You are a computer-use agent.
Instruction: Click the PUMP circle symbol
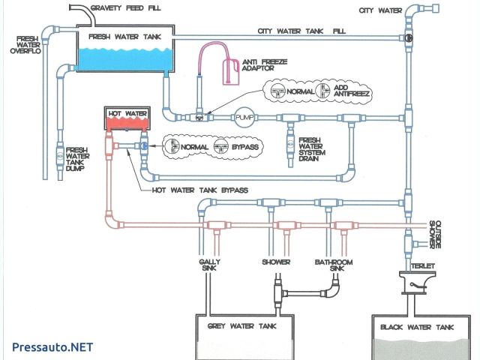(244, 117)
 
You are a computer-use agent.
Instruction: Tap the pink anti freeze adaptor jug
(230, 72)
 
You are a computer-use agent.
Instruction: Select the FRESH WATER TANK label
(125, 37)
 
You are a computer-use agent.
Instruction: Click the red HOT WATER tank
(127, 118)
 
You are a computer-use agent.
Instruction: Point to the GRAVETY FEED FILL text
(126, 8)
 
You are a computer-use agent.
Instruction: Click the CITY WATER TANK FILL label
(301, 31)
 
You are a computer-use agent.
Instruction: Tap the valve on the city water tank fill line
(409, 38)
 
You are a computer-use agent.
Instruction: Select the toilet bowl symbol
(413, 282)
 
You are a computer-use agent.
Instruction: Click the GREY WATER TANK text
(241, 326)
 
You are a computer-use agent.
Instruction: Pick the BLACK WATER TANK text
(417, 327)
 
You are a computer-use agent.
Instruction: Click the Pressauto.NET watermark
(52, 347)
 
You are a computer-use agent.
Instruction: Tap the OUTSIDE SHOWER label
(435, 235)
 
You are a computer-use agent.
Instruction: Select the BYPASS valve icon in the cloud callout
(220, 146)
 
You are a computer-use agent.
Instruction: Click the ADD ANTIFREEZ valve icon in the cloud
(323, 91)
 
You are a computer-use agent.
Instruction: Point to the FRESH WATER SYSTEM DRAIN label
(312, 150)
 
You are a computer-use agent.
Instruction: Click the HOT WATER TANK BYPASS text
(200, 190)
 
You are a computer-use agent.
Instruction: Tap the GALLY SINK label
(209, 265)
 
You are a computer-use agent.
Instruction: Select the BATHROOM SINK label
(334, 265)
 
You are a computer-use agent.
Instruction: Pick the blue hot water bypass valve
(144, 146)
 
